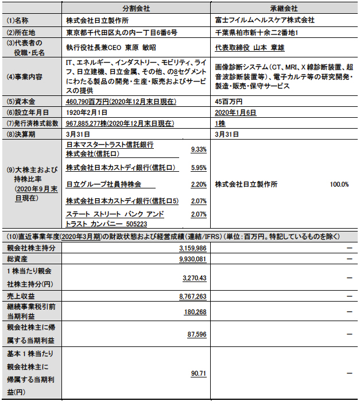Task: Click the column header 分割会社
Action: coord(136,9)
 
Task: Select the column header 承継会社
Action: coord(284,9)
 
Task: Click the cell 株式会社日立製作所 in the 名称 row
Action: coord(98,20)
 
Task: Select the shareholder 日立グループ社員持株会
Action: coord(103,184)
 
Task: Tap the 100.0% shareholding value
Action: coord(339,184)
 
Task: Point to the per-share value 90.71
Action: coord(199,373)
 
